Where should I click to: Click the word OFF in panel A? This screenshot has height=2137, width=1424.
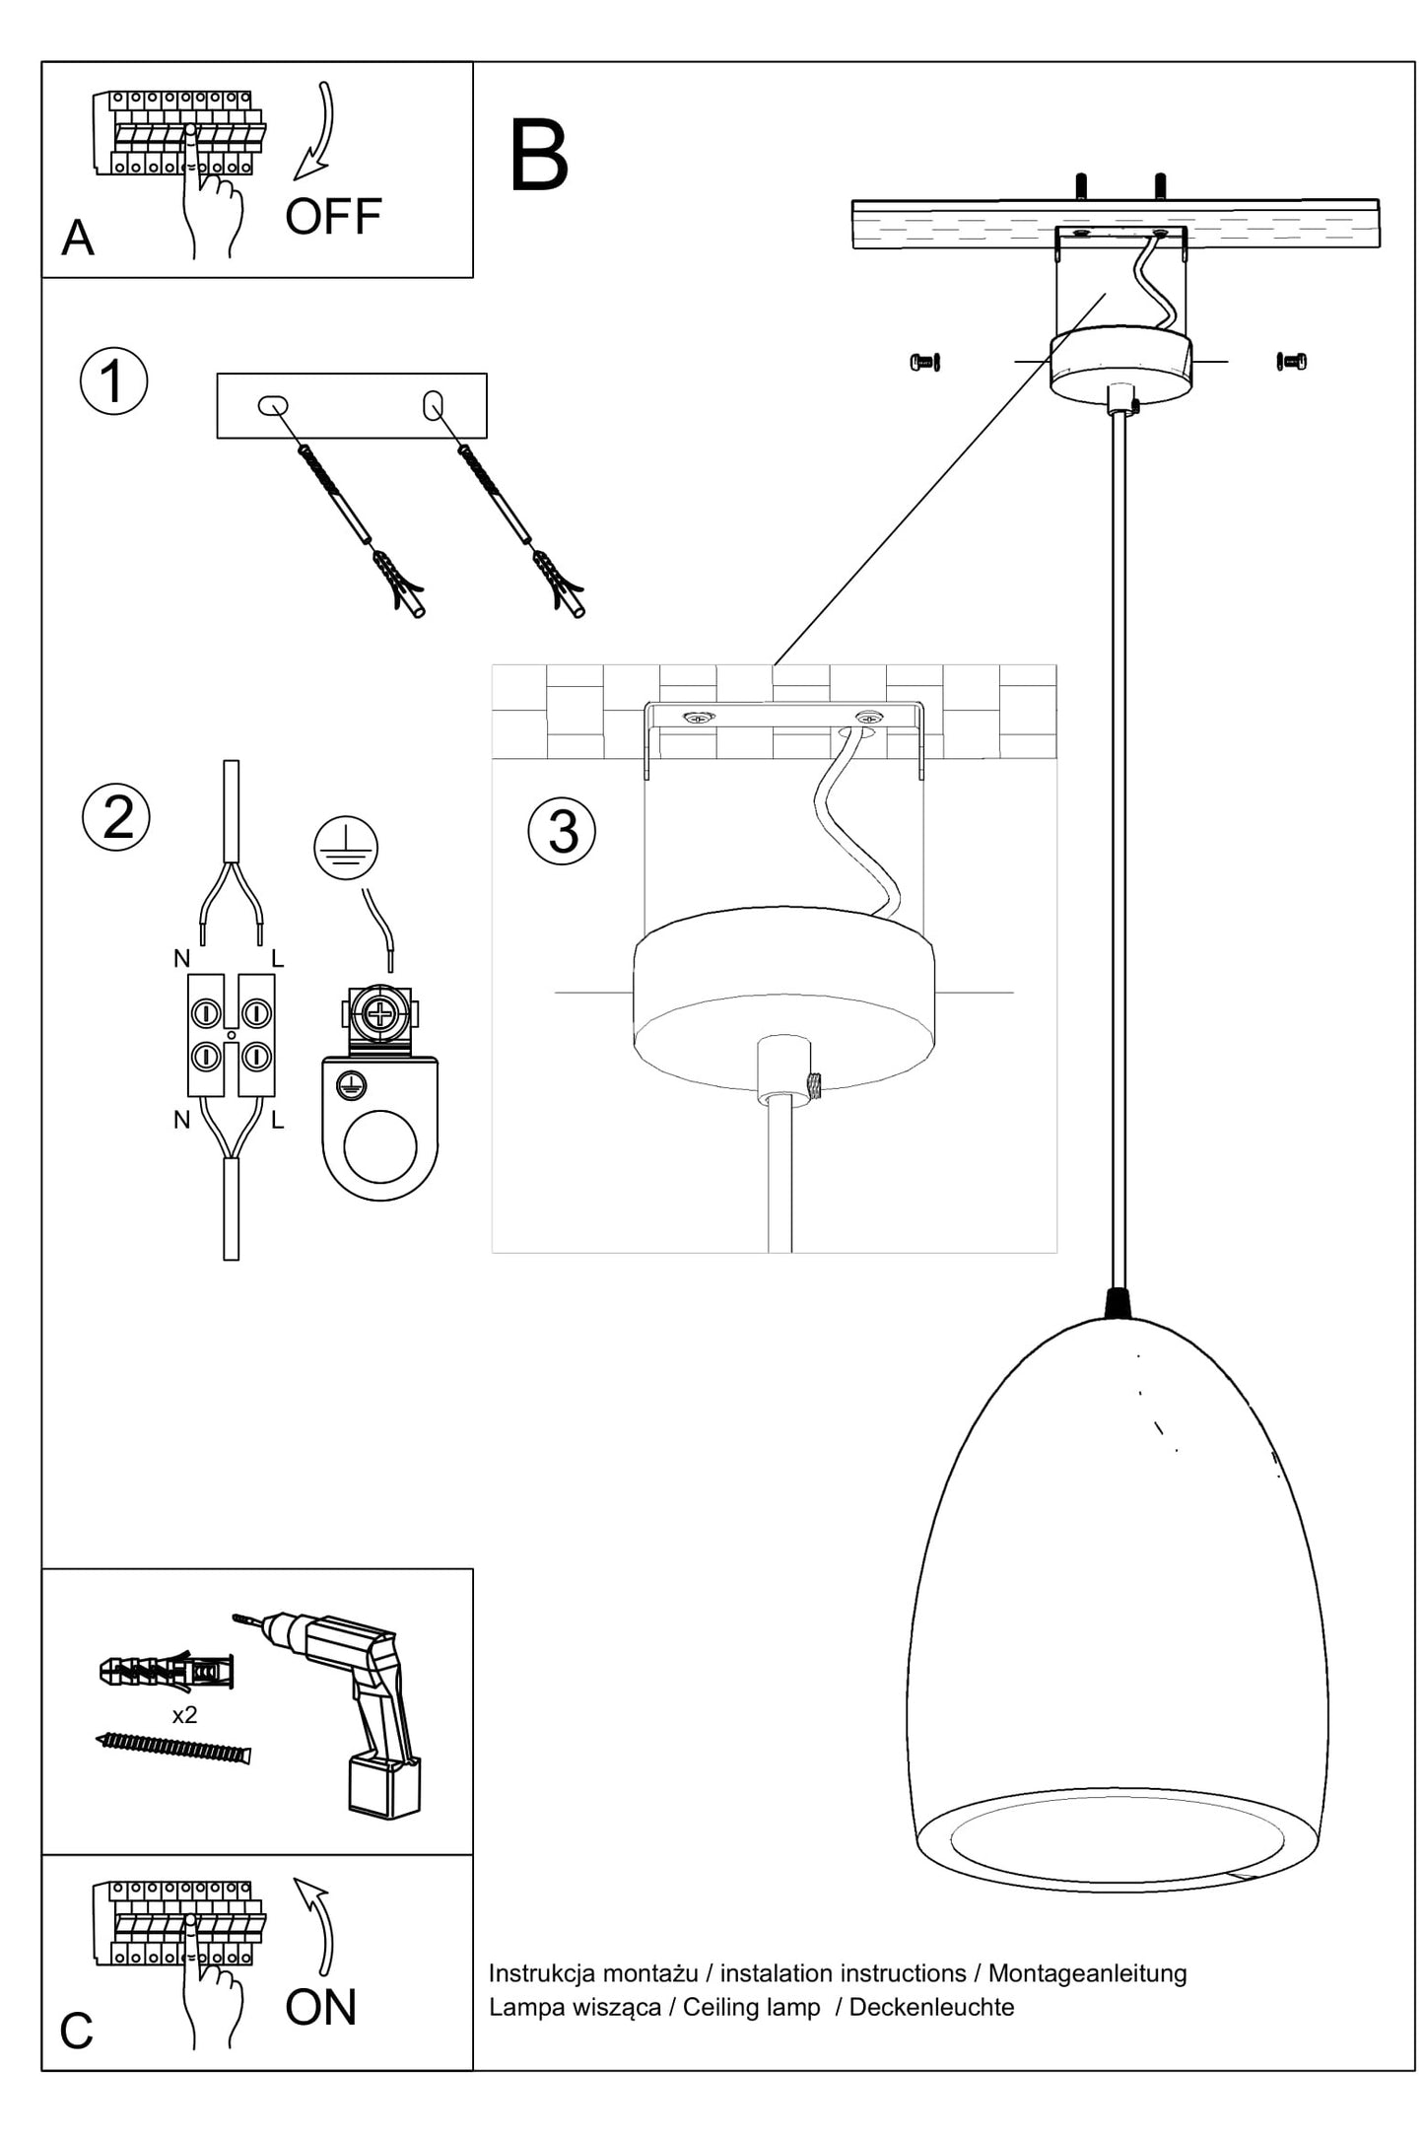tap(333, 217)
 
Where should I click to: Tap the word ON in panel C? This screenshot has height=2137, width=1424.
tap(320, 2007)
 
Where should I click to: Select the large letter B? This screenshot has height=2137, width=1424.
tap(538, 157)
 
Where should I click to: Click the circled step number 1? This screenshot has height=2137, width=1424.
tap(114, 381)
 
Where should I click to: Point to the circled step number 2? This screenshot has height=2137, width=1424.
tap(116, 817)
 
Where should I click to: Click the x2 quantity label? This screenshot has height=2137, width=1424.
tap(184, 1715)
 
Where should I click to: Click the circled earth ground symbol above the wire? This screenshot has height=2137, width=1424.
tap(346, 848)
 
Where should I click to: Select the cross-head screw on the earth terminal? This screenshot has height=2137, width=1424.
tap(379, 1013)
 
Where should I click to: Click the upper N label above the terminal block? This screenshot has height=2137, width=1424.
tap(181, 958)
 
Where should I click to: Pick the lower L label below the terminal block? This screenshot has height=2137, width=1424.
tap(278, 1120)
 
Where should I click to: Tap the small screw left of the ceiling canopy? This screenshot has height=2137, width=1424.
tap(924, 362)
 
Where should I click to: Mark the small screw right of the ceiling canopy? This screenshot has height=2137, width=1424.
tap(1291, 362)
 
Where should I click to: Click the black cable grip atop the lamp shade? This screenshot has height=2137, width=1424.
tap(1118, 1303)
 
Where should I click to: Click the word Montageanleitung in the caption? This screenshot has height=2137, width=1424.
tap(1087, 1973)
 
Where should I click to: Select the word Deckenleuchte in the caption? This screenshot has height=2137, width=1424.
tap(931, 2007)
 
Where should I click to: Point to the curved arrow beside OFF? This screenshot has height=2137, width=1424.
tap(317, 133)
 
